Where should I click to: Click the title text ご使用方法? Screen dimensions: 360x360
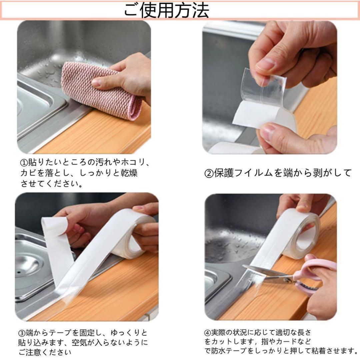tap(166, 11)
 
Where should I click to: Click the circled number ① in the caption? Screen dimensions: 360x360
tap(24, 163)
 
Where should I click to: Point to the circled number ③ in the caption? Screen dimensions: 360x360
tap(22, 332)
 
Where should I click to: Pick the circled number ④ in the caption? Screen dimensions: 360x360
tap(207, 332)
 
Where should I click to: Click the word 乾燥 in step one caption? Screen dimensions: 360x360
tap(129, 173)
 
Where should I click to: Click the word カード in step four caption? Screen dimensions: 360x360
tap(284, 342)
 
